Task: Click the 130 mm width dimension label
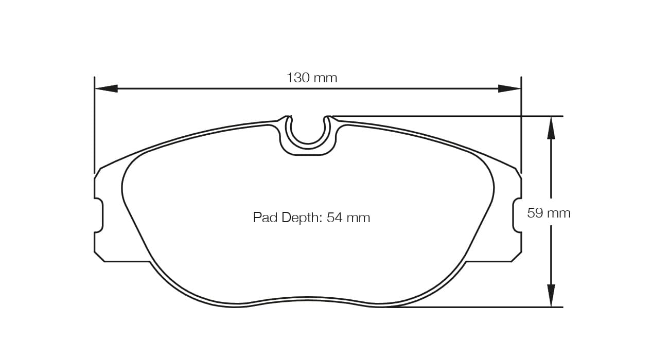coord(311,78)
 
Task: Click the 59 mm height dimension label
coord(549,213)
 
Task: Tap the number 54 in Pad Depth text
coord(334,218)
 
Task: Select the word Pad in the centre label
coord(266,218)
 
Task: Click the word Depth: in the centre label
coord(303,218)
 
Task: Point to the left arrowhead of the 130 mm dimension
coord(106,88)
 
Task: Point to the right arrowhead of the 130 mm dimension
coord(509,88)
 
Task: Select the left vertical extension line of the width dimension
coord(95,123)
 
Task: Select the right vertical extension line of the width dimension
coord(521,123)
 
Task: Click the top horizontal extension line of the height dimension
coord(448,116)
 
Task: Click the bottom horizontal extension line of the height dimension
coord(473,307)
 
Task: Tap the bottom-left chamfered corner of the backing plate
coord(99,257)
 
